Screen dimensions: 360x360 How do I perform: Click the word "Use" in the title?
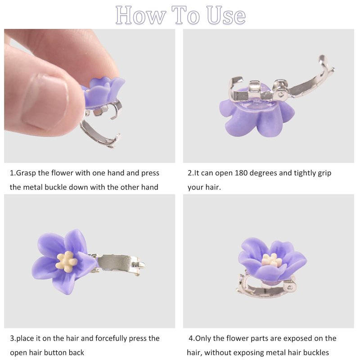point(226,15)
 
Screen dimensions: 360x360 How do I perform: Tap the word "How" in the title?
point(140,15)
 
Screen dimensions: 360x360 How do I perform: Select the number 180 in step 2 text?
point(241,173)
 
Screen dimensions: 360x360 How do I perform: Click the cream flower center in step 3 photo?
point(67,261)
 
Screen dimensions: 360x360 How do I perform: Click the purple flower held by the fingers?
point(103,92)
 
